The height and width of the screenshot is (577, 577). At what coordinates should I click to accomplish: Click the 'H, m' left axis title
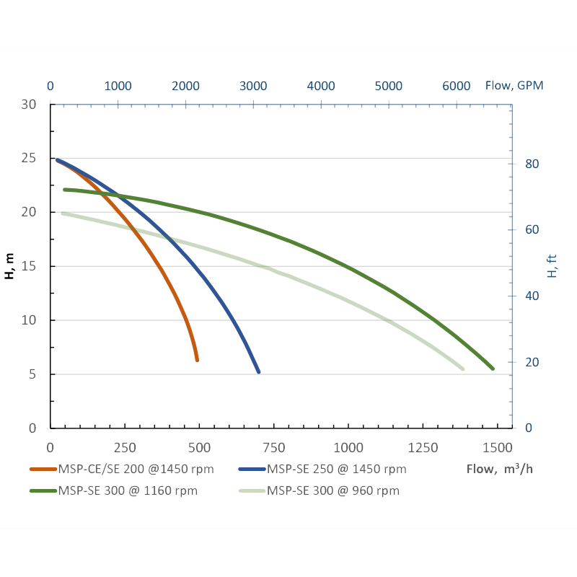10,266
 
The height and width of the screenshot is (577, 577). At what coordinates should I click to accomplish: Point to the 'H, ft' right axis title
552,266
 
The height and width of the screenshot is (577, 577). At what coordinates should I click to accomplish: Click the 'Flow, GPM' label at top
514,85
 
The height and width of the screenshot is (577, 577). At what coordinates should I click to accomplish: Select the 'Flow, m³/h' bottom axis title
500,470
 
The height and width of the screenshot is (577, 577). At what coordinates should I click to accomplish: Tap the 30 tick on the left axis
29,104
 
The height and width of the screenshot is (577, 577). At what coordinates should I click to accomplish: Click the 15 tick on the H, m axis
29,266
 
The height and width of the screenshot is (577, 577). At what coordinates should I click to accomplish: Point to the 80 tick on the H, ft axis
532,164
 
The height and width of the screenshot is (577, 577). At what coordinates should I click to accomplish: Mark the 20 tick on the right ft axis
532,362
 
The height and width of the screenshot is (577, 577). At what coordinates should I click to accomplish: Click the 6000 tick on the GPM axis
457,85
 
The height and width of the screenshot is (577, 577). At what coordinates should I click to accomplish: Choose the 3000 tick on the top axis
253,85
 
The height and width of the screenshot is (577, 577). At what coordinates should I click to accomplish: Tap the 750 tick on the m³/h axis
274,446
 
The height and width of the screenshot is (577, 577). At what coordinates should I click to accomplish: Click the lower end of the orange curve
197,360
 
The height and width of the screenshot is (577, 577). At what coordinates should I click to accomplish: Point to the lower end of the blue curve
258,372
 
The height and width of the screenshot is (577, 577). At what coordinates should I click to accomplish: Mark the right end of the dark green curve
493,369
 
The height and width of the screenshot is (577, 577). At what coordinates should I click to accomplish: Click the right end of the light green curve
462,369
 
